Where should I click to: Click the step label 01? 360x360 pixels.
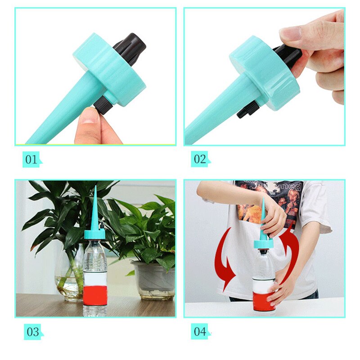click(x=31, y=159)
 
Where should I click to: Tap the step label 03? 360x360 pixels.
click(x=32, y=332)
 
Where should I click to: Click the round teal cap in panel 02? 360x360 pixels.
click(x=263, y=74)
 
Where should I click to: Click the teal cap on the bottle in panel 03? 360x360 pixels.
click(x=95, y=234)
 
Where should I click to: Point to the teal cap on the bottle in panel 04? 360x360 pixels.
click(x=264, y=244)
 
